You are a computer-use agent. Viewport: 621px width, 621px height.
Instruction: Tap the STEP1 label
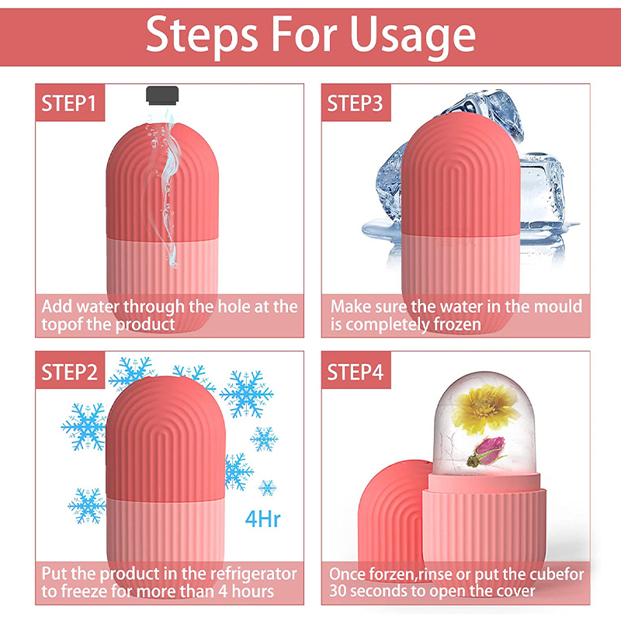pos(69,103)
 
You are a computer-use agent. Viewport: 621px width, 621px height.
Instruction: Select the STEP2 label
pos(69,373)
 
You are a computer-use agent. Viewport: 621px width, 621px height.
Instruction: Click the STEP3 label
pos(355,103)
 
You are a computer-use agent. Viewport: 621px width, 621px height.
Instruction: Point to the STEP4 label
pos(356,373)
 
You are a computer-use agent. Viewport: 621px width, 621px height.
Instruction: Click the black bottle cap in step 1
pos(162,95)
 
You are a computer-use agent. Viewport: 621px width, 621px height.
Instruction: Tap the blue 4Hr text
pos(262,519)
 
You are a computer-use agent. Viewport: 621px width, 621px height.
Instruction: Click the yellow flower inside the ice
pos(486,408)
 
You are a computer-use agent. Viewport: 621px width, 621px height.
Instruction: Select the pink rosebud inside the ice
pos(487,452)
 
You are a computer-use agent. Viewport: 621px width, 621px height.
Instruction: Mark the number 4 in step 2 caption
pos(223,592)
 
